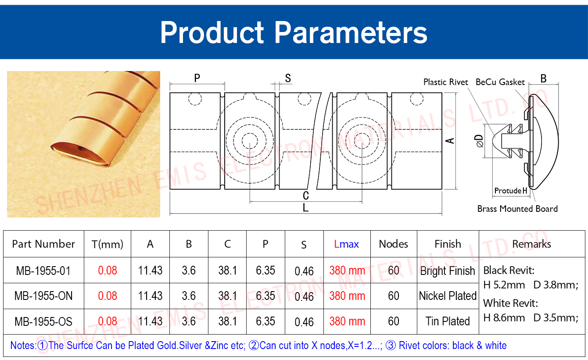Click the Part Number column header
click(x=43, y=244)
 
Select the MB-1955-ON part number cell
click(x=43, y=296)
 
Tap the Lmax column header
click(x=346, y=244)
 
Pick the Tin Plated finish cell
click(x=448, y=321)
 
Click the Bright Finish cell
click(x=448, y=271)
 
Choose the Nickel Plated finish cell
click(x=448, y=296)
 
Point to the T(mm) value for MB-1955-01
click(x=108, y=270)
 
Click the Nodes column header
click(x=393, y=244)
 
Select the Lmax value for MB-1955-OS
click(x=347, y=321)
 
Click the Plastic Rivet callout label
click(x=445, y=82)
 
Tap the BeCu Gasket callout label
click(x=500, y=82)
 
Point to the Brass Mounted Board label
click(x=517, y=209)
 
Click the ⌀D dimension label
click(x=479, y=141)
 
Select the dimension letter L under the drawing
click(x=305, y=207)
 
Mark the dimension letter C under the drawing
click(x=305, y=196)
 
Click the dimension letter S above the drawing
click(x=288, y=78)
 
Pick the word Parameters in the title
click(x=351, y=32)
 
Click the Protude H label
click(x=511, y=190)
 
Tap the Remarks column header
click(x=531, y=244)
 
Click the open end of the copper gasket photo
click(x=79, y=155)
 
